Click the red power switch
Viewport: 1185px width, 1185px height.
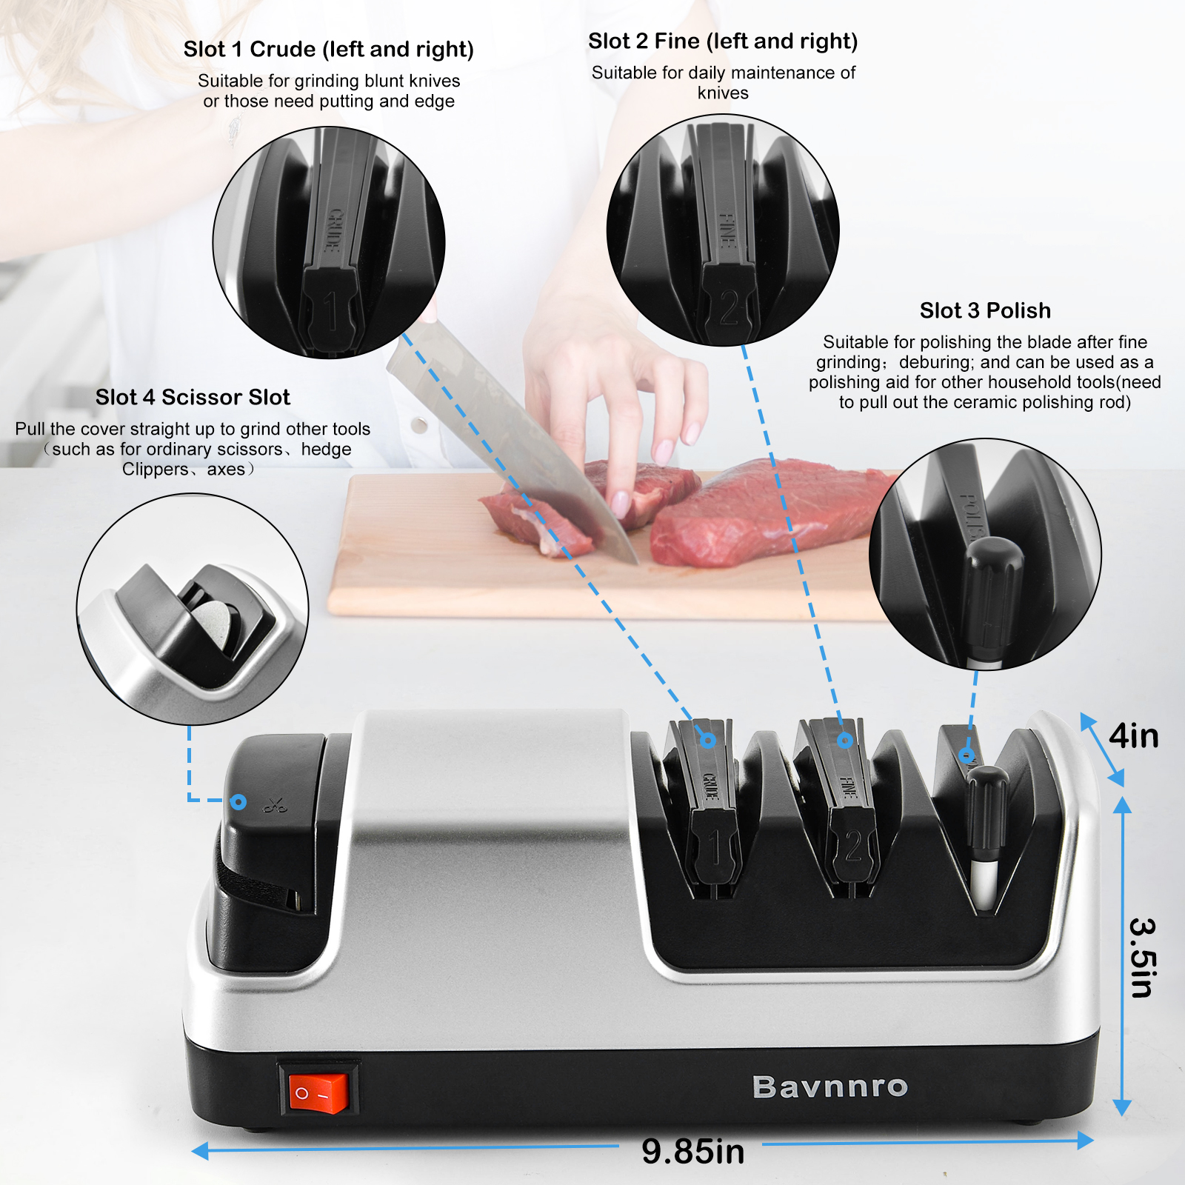[318, 1093]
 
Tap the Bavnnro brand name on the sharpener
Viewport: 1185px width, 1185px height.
[830, 1086]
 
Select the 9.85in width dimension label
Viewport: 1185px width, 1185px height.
[692, 1151]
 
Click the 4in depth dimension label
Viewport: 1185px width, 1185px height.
[1134, 735]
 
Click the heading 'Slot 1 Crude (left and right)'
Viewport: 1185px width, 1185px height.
[329, 49]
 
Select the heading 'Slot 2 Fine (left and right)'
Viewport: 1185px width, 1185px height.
[723, 41]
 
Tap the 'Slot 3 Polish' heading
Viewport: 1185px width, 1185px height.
[985, 310]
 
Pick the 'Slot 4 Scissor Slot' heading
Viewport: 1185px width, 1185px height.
[193, 397]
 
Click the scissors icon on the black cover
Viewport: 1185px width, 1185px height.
[275, 804]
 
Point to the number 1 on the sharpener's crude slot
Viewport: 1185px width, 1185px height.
[715, 846]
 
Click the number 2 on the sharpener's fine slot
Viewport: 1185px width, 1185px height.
[853, 845]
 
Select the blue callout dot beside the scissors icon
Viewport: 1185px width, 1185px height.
[238, 801]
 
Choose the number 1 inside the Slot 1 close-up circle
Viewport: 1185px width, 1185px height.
[331, 311]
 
